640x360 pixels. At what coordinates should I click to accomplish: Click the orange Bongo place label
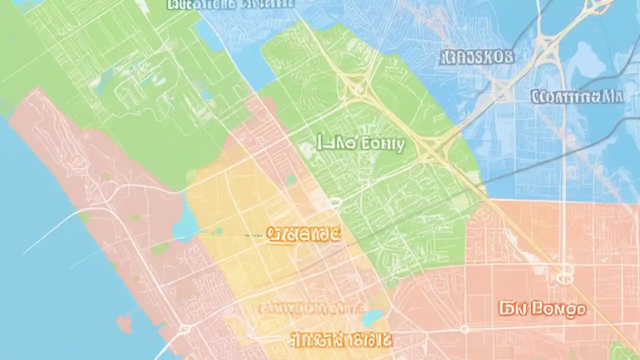542,308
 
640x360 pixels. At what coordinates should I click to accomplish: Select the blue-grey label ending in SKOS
477,57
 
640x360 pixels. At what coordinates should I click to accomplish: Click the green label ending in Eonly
360,144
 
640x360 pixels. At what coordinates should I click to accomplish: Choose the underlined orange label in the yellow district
303,234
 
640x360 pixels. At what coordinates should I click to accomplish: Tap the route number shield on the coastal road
184,328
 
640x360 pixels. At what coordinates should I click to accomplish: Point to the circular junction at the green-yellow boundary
334,202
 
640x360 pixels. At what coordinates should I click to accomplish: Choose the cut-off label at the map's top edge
230,4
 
